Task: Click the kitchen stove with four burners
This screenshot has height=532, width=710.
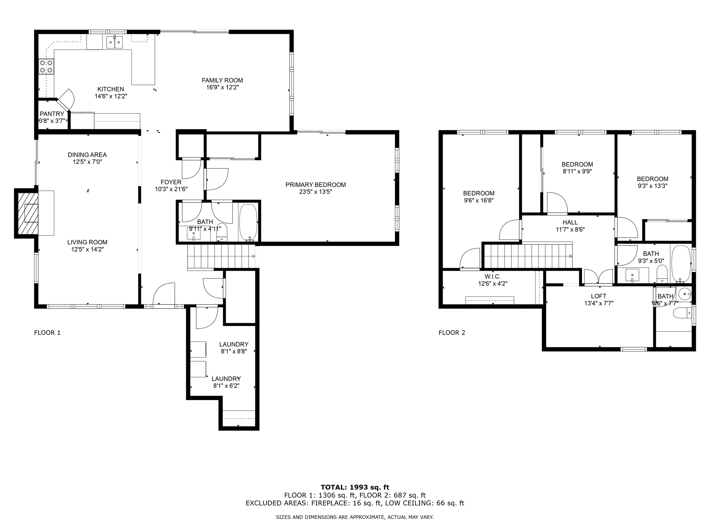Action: point(46,66)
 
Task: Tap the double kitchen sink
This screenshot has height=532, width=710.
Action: point(114,42)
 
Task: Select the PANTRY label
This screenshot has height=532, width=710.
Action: point(52,114)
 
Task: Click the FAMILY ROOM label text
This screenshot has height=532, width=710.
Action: point(222,80)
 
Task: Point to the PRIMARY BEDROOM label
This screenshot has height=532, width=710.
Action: point(315,185)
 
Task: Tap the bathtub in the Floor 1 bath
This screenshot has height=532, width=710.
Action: point(248,222)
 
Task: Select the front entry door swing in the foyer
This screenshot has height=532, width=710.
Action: point(164,294)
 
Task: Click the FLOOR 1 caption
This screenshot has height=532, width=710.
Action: point(47,333)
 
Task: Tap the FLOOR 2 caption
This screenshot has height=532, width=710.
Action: point(452,333)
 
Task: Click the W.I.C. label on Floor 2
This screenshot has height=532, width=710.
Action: point(493,277)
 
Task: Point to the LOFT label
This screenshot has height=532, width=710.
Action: point(599,296)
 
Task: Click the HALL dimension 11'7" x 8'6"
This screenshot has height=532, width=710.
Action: point(570,229)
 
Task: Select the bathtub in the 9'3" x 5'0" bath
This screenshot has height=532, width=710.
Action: point(681,264)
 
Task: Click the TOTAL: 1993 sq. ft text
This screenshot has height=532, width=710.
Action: point(355,488)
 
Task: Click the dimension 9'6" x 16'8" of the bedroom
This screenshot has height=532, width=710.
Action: point(479,200)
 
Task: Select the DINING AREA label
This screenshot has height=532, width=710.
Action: point(87,155)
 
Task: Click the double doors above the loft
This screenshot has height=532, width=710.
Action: point(598,277)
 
